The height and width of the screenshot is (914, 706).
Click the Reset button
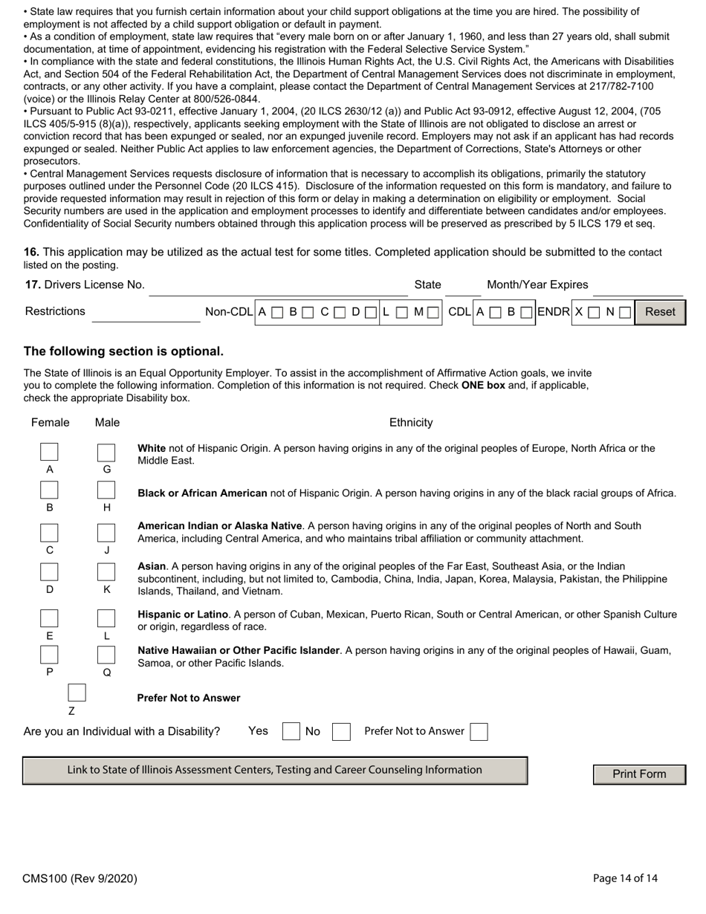(x=660, y=312)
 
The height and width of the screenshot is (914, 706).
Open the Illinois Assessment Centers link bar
(x=275, y=771)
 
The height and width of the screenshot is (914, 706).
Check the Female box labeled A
(x=50, y=452)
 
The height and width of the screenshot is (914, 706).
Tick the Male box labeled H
(x=106, y=490)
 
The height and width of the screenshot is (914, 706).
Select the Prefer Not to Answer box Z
(x=77, y=693)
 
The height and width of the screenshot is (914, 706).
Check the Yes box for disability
(x=291, y=732)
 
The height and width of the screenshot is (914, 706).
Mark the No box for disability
(x=341, y=732)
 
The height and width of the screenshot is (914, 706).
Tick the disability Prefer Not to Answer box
(x=479, y=732)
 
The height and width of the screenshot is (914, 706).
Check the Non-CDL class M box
(x=433, y=313)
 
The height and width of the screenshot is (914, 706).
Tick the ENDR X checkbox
(x=595, y=313)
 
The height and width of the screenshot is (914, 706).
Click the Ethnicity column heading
(x=411, y=423)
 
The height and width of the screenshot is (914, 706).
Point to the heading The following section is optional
(x=123, y=351)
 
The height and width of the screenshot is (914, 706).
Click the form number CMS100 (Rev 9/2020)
(x=80, y=878)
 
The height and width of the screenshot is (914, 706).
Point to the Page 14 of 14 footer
(x=625, y=878)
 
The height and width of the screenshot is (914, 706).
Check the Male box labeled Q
(x=106, y=655)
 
